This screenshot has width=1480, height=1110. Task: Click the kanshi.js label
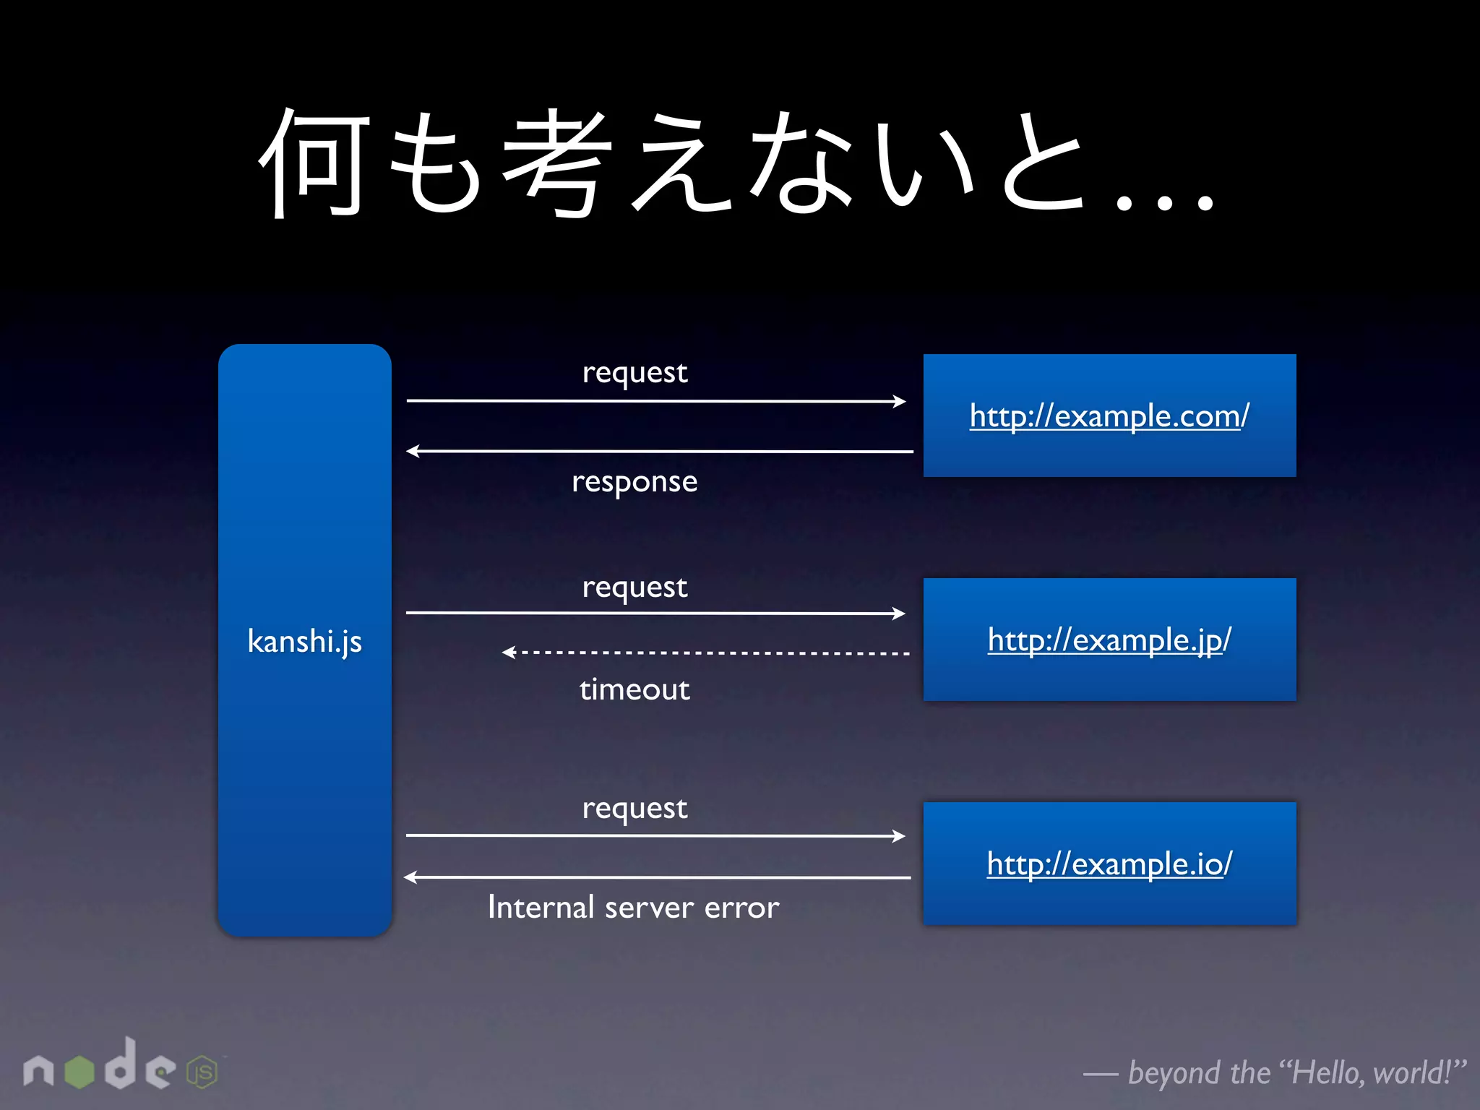[304, 641]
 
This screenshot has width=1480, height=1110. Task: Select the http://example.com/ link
[1109, 416]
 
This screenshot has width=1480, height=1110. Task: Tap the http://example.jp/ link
[1109, 640]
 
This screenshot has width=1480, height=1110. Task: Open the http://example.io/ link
[1109, 864]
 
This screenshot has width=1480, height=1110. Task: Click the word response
[634, 482]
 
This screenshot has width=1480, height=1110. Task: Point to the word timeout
[634, 689]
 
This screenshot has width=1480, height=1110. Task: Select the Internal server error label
[633, 908]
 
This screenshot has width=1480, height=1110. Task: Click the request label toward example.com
[634, 373]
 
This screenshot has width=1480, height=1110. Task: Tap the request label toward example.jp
[634, 588]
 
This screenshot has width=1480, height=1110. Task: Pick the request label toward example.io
[634, 809]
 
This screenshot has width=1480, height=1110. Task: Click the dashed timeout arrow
[705, 653]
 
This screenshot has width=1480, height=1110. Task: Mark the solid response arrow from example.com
[659, 452]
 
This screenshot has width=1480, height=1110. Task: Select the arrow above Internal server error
[657, 877]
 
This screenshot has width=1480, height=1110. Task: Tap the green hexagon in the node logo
[79, 1072]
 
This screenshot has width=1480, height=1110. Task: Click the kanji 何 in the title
[315, 162]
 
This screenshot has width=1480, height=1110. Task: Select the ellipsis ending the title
[1164, 202]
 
